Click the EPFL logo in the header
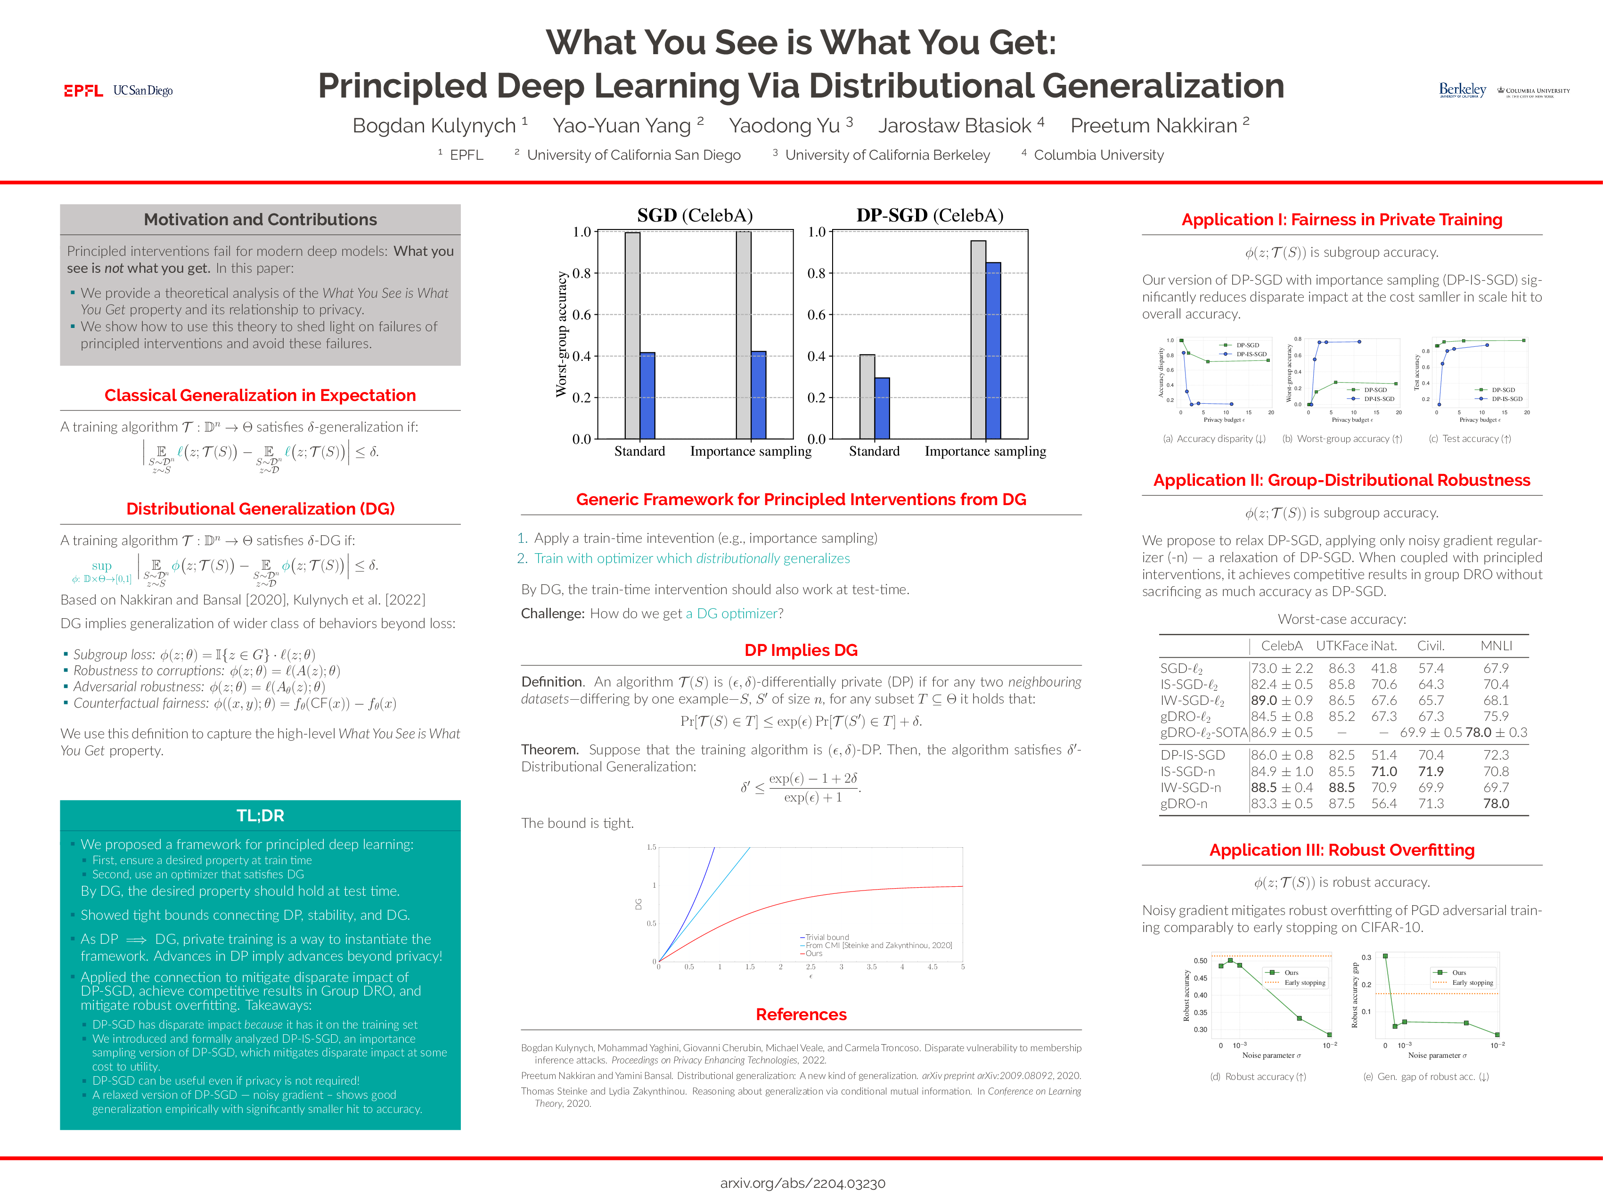[x=83, y=90]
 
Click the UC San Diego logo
[x=143, y=90]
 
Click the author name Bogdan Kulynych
[x=433, y=125]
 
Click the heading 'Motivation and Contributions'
[x=260, y=220]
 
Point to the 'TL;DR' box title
[x=260, y=815]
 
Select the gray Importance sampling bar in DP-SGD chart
[x=978, y=339]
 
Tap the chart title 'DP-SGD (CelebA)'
[x=929, y=215]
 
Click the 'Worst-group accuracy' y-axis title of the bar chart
[x=561, y=334]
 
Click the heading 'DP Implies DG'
[x=801, y=650]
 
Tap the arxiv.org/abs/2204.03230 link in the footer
[x=802, y=1183]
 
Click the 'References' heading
[x=801, y=1014]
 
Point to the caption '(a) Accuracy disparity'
[x=1214, y=439]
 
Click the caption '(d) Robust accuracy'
[x=1258, y=1077]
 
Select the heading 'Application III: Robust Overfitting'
[x=1341, y=850]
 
